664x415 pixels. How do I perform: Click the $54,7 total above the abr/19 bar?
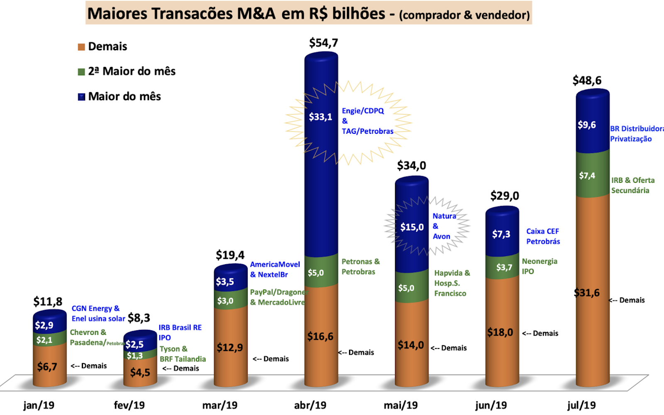323,43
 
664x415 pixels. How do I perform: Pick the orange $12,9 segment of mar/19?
230,347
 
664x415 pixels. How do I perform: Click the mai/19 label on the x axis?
400,405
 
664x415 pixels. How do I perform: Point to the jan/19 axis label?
39,405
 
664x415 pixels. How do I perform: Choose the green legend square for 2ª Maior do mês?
81,72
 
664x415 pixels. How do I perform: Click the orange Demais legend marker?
81,47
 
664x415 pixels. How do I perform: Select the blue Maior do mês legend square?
81,97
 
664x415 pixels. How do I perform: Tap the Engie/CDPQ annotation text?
363,111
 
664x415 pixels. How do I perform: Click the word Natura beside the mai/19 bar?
444,216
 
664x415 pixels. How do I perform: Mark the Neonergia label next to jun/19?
539,261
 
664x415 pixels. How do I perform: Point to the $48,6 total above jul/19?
587,80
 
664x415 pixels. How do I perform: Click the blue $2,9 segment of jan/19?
49,325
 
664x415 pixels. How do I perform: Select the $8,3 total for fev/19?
139,318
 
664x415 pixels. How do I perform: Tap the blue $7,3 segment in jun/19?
502,234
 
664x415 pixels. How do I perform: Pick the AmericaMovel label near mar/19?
275,264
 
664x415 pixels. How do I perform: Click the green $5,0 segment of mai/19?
411,288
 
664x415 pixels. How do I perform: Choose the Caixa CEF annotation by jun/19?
542,231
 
